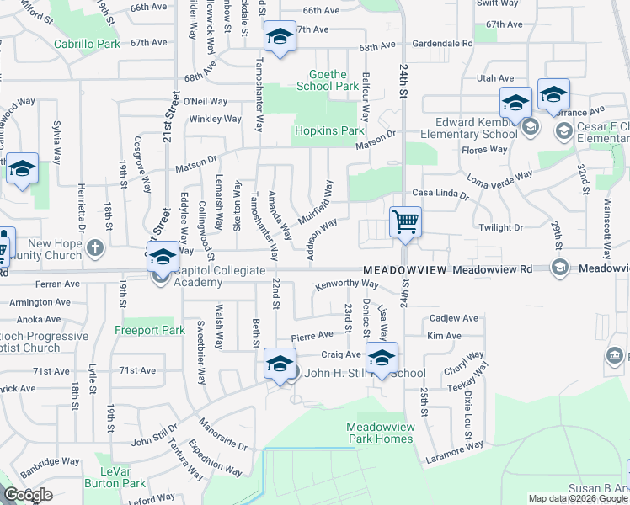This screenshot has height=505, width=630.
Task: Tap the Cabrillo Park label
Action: point(87,43)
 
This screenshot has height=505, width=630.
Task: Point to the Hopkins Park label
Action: point(328,131)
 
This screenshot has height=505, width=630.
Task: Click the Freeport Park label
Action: point(150,331)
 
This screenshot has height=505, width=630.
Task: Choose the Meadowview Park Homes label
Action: point(381,433)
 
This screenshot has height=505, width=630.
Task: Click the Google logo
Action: point(28,496)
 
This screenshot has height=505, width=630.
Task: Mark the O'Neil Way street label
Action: point(206,101)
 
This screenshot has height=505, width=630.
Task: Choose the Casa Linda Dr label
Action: point(439,194)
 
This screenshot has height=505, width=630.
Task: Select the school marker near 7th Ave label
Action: point(280,36)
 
